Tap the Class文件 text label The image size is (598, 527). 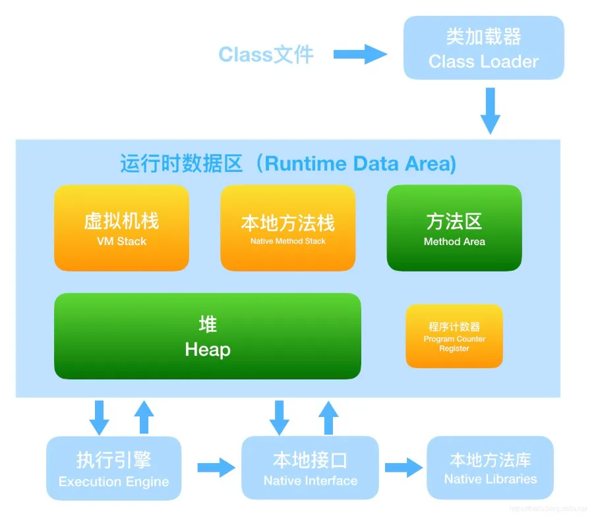coord(266,54)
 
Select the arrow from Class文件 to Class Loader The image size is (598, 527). coord(360,54)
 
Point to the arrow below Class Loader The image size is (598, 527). coord(490,110)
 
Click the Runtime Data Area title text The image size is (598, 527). coord(288,163)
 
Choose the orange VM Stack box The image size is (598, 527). coord(121,228)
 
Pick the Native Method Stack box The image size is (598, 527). coord(287,228)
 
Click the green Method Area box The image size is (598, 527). coord(454,228)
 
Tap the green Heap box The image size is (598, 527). coord(208,336)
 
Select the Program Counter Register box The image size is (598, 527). coord(454,336)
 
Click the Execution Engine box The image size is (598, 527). coord(113,468)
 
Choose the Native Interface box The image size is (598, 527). coord(310,468)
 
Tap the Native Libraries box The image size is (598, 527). coord(490,467)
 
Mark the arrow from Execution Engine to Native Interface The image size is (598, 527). coord(216,468)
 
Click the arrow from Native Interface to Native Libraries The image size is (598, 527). coord(404,468)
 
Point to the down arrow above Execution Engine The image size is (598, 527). coord(99,417)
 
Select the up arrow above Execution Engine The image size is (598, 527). coord(143,417)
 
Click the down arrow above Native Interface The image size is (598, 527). coord(280,417)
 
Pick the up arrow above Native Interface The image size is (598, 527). coord(328,417)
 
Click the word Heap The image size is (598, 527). coord(208,349)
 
